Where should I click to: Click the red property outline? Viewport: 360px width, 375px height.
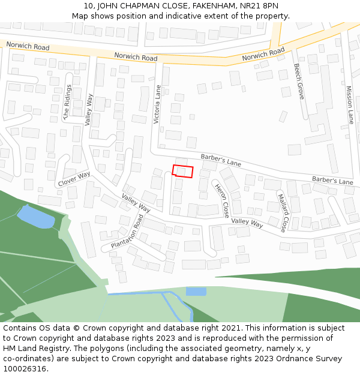183,171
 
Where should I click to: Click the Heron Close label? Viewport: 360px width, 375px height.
222,200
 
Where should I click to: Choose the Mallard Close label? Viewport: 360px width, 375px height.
283,212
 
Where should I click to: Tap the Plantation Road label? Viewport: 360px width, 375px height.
127,234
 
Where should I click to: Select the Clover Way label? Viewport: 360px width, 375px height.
74,178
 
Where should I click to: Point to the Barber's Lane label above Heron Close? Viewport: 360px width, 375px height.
221,160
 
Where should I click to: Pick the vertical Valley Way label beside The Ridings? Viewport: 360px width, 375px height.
89,109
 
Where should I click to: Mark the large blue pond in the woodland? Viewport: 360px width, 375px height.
36,217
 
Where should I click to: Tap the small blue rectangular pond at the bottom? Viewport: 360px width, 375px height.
196,292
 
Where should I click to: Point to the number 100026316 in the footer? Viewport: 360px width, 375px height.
25,369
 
